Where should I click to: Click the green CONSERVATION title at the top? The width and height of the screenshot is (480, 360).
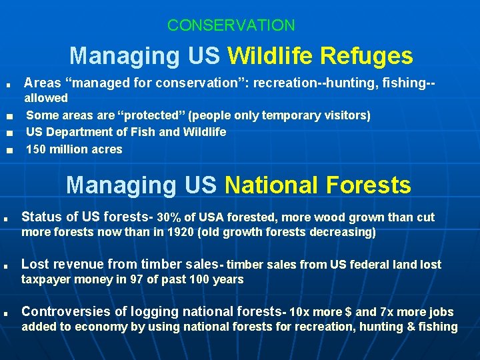click(x=231, y=26)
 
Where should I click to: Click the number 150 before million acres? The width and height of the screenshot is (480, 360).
click(x=35, y=149)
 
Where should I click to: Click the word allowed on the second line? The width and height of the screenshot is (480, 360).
click(x=46, y=98)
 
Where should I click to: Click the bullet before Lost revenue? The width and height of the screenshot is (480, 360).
click(x=5, y=266)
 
